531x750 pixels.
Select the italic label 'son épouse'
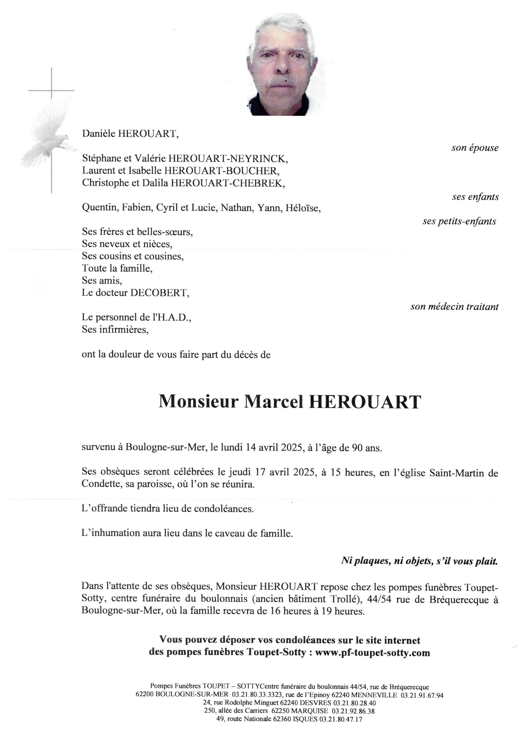(475, 148)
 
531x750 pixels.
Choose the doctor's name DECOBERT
(159, 293)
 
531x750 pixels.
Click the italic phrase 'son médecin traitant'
(454, 307)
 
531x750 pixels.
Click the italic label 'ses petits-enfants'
(459, 221)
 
